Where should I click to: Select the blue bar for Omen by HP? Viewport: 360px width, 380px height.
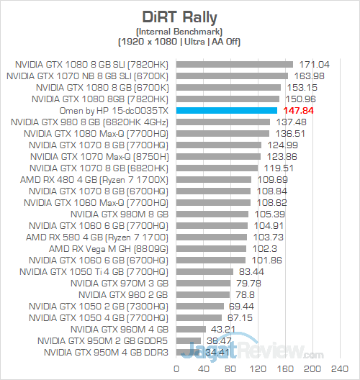(x=226, y=110)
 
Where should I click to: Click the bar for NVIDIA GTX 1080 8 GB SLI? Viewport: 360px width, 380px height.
(x=234, y=64)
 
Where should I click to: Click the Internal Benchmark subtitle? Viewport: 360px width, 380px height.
(x=179, y=30)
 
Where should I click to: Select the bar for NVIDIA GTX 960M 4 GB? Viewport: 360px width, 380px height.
(x=191, y=329)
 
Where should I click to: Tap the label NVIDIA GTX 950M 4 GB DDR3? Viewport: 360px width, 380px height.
(x=106, y=352)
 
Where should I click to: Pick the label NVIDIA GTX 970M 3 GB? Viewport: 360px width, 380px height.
(x=120, y=283)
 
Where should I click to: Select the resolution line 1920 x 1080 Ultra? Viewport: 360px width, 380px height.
(x=179, y=40)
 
